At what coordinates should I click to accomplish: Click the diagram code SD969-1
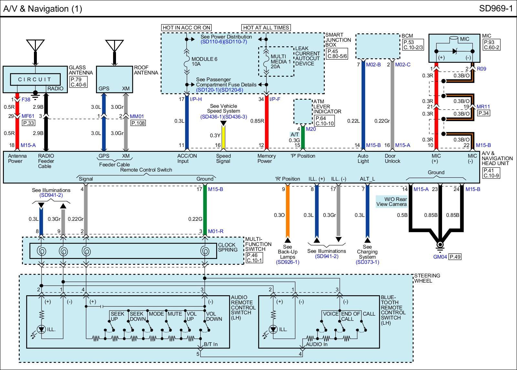click(496, 8)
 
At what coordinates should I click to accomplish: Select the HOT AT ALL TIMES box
click(266, 28)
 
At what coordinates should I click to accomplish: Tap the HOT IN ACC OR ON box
click(186, 28)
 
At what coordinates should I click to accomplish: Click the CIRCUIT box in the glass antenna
click(35, 80)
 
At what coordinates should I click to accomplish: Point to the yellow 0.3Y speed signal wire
click(223, 137)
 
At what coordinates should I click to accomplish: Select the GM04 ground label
click(440, 257)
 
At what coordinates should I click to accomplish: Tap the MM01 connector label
click(137, 116)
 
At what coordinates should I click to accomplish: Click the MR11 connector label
click(483, 107)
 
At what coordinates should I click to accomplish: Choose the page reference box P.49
click(455, 257)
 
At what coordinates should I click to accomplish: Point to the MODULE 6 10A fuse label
click(204, 62)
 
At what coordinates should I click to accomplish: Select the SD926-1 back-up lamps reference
click(288, 262)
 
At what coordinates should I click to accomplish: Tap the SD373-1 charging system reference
click(367, 262)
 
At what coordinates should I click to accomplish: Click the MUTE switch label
click(175, 314)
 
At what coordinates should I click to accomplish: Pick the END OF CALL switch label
click(350, 316)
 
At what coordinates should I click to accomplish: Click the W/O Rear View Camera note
click(391, 202)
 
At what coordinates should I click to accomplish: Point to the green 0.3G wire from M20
click(302, 137)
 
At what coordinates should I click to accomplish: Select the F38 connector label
click(26, 99)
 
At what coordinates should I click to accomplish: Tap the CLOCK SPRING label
click(227, 247)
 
